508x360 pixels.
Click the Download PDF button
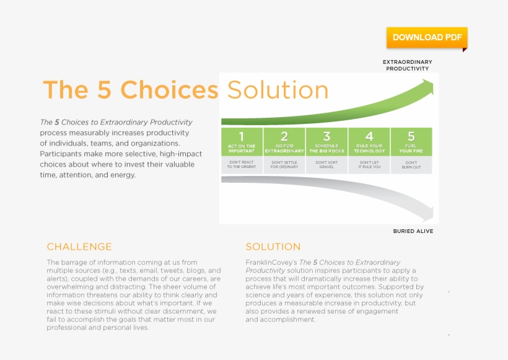[427, 37]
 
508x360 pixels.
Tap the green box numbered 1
[242, 142]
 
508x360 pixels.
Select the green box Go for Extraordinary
[284, 142]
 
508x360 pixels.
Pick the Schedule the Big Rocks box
[326, 142]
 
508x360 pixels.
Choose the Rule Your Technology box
[369, 142]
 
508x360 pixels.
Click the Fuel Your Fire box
[411, 142]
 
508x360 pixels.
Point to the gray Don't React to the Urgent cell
[242, 165]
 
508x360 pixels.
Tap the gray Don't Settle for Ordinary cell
[284, 165]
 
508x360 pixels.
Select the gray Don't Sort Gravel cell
[326, 165]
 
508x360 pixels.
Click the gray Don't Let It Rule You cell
[369, 165]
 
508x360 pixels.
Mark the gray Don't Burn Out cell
[411, 165]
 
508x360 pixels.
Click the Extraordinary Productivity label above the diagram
[407, 65]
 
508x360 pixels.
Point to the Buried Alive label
[413, 231]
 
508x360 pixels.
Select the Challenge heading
[79, 247]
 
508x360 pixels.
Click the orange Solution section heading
[273, 247]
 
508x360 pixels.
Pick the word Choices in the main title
[169, 90]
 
